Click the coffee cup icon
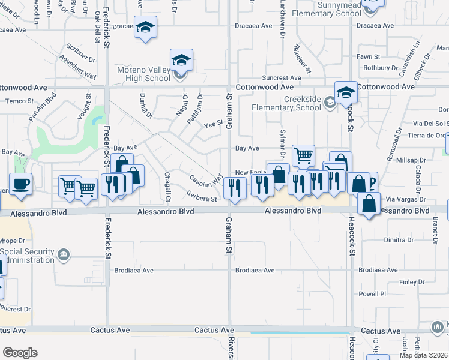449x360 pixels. tap(21, 183)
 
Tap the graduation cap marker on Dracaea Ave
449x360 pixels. tap(145, 28)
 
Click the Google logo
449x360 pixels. tap(20, 353)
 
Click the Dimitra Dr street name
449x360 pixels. tap(399, 239)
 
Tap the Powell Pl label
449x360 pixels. tap(373, 294)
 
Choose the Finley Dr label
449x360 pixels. tap(412, 282)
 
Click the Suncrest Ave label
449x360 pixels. tap(282, 78)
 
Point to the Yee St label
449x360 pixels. tap(213, 125)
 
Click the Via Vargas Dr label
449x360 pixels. tap(405, 199)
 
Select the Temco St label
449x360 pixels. tap(16, 101)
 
